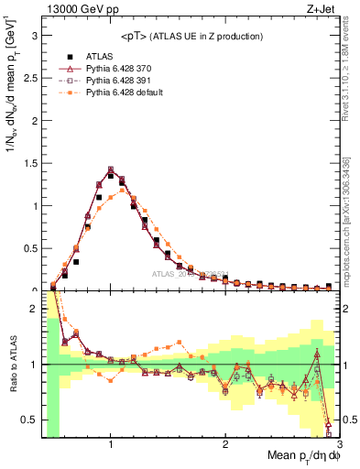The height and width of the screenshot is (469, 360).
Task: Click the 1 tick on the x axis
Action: point(111,445)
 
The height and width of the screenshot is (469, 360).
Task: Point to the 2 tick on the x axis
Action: point(225,445)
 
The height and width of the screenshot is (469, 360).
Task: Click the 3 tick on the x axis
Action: point(339,445)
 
